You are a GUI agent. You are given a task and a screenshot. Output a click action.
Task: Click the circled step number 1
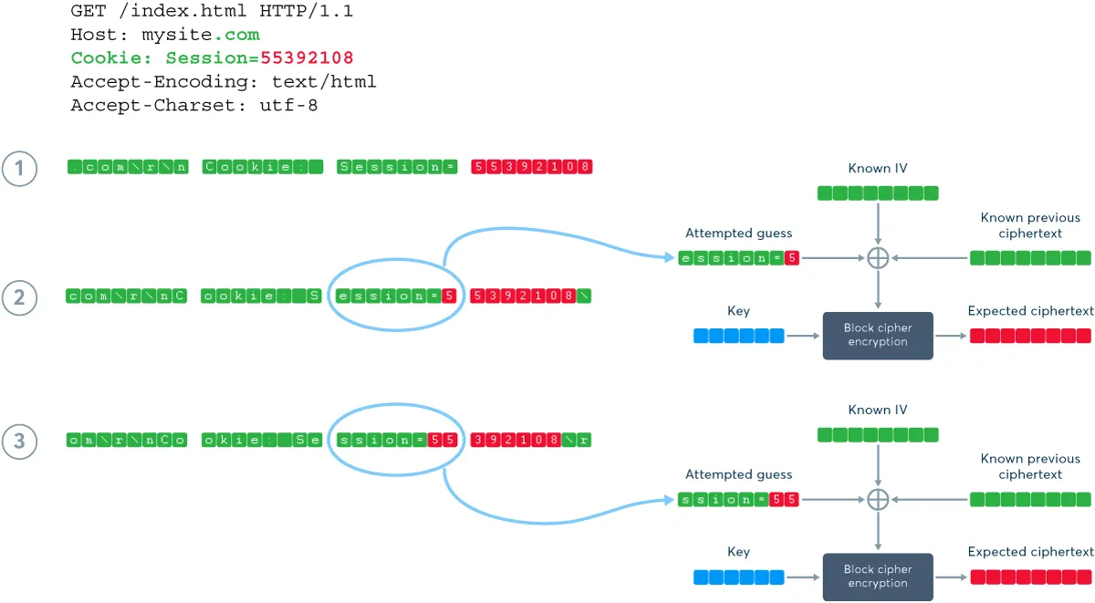click(x=18, y=168)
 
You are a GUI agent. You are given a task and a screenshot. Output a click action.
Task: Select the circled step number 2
click(x=18, y=296)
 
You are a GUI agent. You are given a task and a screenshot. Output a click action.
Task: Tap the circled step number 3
click(x=18, y=442)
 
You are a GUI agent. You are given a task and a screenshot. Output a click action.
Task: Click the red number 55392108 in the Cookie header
click(x=307, y=58)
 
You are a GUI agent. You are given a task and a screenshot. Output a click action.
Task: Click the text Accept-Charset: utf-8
click(x=193, y=106)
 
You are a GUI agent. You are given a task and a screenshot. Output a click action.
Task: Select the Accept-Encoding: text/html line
click(x=223, y=82)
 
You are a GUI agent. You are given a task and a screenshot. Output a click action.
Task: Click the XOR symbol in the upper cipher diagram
click(x=877, y=258)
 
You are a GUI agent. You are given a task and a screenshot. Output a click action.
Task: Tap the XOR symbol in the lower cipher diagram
click(x=877, y=499)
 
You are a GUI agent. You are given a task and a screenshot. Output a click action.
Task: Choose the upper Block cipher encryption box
click(x=877, y=335)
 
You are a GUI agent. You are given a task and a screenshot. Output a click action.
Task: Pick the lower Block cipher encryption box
click(x=877, y=577)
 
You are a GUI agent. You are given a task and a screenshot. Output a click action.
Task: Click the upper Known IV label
click(x=877, y=169)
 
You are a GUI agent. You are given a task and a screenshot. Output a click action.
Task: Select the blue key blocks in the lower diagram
click(x=738, y=577)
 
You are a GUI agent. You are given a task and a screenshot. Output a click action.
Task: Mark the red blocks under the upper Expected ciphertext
click(x=1030, y=336)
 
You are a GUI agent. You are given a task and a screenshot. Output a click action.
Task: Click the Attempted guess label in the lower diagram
click(x=738, y=474)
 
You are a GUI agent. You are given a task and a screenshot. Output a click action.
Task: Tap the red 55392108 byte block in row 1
click(x=532, y=167)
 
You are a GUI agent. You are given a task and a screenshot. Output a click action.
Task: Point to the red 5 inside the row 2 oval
click(x=448, y=296)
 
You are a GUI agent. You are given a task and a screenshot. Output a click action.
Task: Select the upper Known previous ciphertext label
click(x=1030, y=225)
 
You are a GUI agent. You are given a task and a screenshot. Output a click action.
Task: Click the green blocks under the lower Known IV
click(x=877, y=434)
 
